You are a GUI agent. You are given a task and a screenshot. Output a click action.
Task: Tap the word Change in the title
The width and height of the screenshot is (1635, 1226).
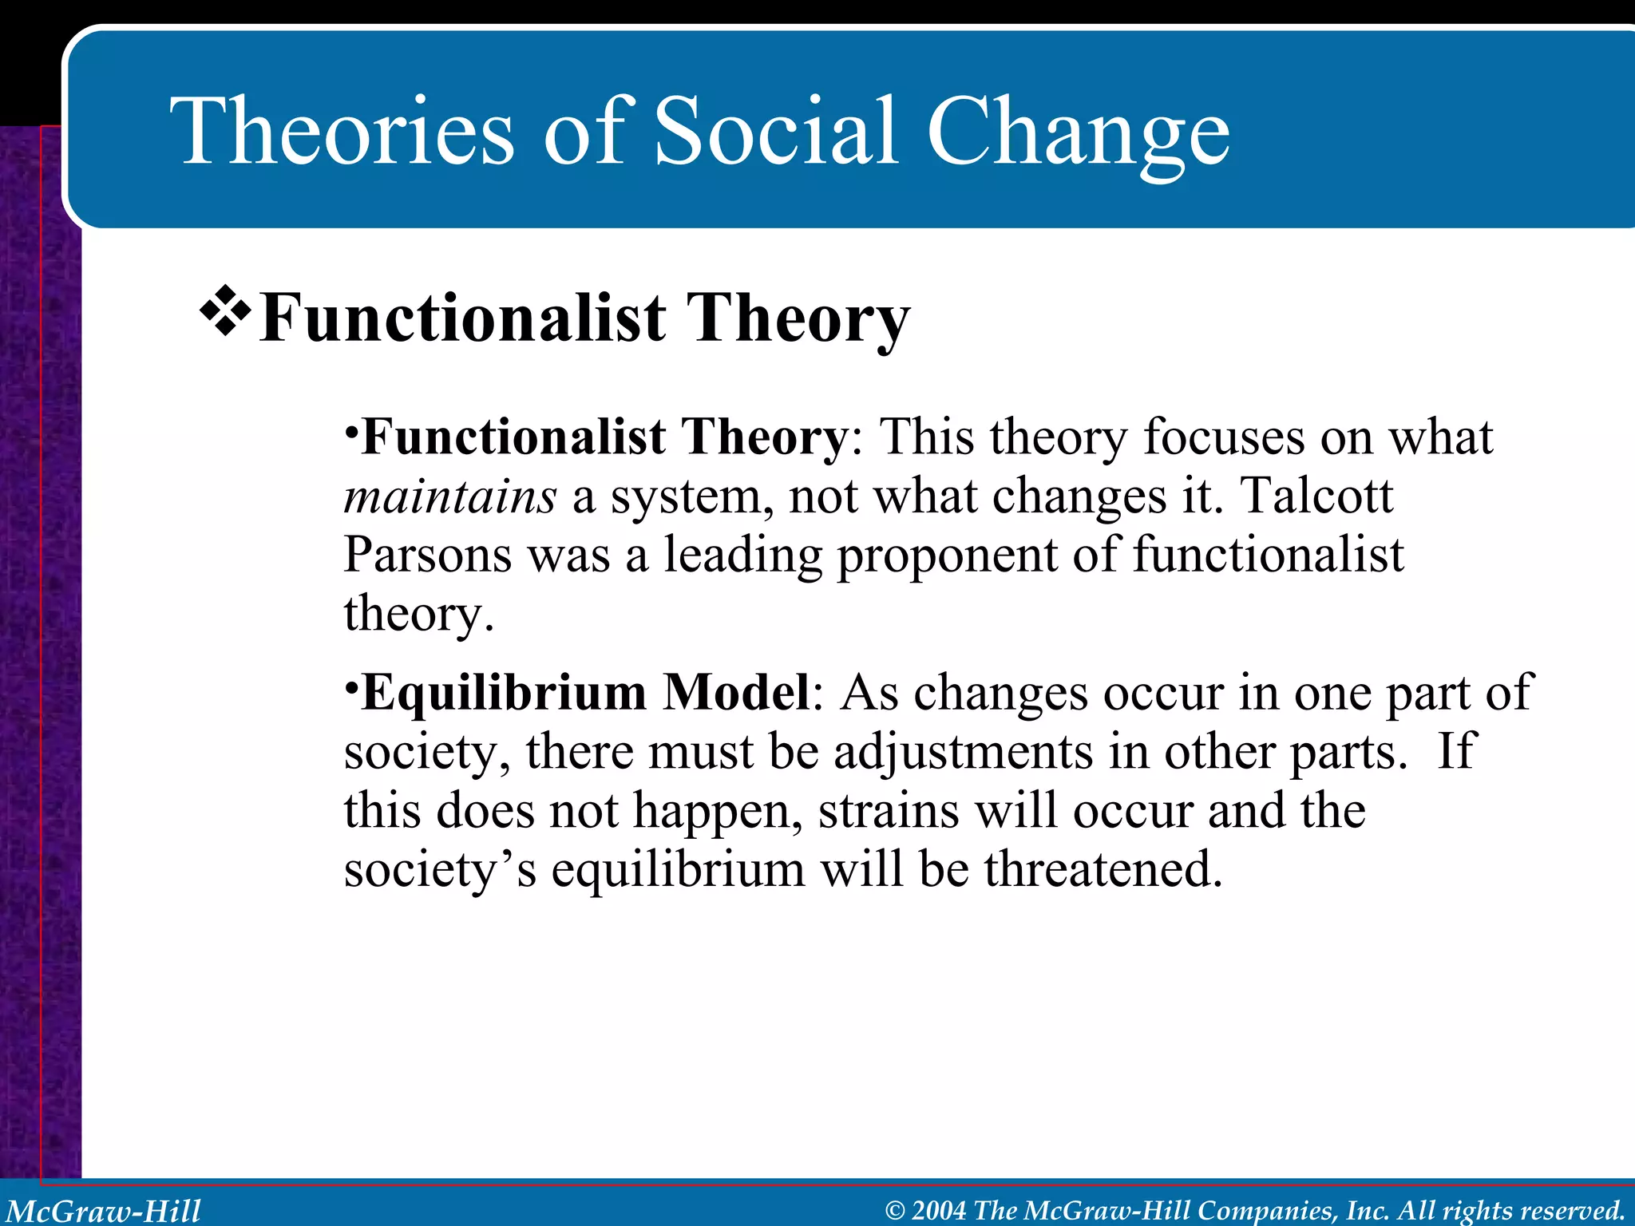[1078, 132]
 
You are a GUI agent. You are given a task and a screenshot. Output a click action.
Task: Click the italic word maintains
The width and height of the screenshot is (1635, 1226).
[449, 496]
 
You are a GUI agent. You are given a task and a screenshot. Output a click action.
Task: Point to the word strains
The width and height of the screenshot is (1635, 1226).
[889, 811]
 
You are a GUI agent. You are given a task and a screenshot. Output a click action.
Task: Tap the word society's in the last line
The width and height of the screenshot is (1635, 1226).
[440, 871]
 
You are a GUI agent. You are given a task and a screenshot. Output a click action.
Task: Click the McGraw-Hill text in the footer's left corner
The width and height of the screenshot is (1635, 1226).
[104, 1211]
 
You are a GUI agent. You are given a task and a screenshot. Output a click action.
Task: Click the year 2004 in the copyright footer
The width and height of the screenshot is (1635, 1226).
[939, 1211]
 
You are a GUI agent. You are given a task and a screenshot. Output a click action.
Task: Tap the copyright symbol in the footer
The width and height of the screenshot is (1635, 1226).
[895, 1211]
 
